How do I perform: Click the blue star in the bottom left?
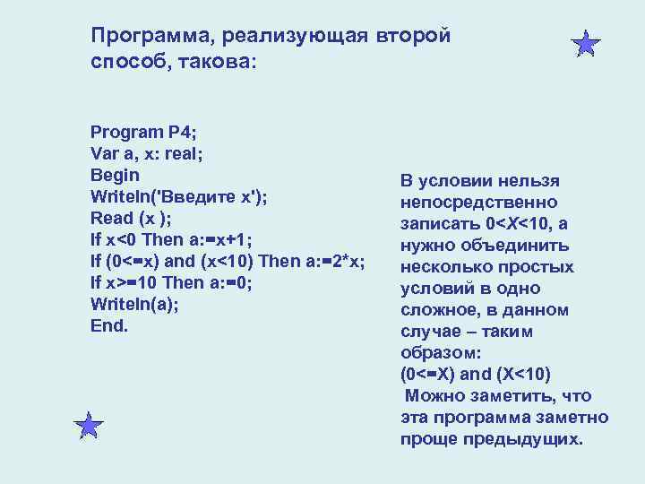(89, 425)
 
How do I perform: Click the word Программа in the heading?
(138, 36)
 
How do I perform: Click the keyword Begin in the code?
(115, 174)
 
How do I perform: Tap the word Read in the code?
(110, 218)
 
